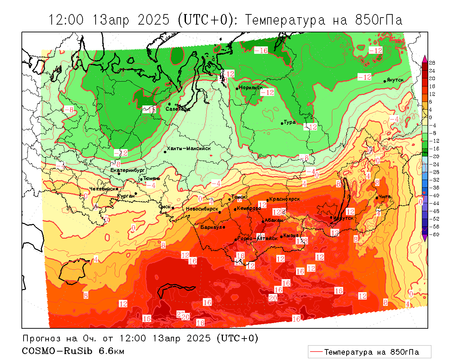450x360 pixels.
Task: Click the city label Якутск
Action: pos(395,80)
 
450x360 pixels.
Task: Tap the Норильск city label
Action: pos(251,87)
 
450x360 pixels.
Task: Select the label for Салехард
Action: pos(178,109)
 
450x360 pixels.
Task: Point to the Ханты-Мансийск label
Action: pos(189,148)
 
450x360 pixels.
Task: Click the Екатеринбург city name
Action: pos(128,170)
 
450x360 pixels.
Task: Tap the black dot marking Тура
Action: pos(282,123)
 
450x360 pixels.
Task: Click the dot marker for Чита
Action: pos(377,198)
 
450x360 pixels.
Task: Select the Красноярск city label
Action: pos(284,199)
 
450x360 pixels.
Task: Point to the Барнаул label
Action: pos(211,227)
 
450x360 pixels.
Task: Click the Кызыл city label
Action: pos(291,235)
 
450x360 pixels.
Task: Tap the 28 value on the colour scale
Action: pos(432,63)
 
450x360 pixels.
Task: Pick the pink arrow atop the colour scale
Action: pos(425,58)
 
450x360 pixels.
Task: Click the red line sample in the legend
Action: pos(316,352)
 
